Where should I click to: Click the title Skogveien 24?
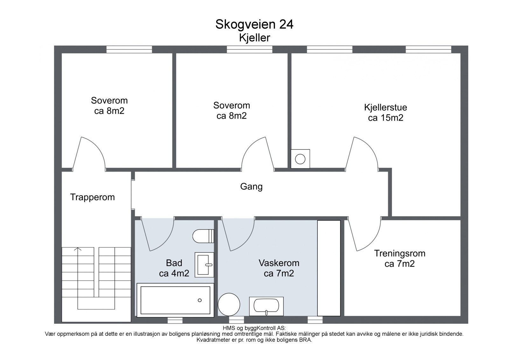[x=254, y=25]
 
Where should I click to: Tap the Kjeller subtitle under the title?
[x=254, y=38]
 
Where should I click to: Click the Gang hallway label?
[x=251, y=187]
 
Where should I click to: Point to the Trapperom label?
[x=93, y=197]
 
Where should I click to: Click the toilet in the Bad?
[x=203, y=236]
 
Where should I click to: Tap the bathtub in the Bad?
[x=175, y=300]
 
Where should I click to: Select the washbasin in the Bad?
[x=204, y=265]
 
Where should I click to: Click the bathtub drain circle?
[x=200, y=300]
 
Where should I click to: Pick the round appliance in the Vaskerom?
[x=229, y=305]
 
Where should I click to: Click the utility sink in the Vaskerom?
[x=266, y=306]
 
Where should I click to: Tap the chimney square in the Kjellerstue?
[x=300, y=159]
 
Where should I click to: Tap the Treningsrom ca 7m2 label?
[x=400, y=258]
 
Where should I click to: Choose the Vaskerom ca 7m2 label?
[x=279, y=268]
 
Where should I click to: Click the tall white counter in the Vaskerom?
[x=329, y=268]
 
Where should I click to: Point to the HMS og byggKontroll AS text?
[x=254, y=328]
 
